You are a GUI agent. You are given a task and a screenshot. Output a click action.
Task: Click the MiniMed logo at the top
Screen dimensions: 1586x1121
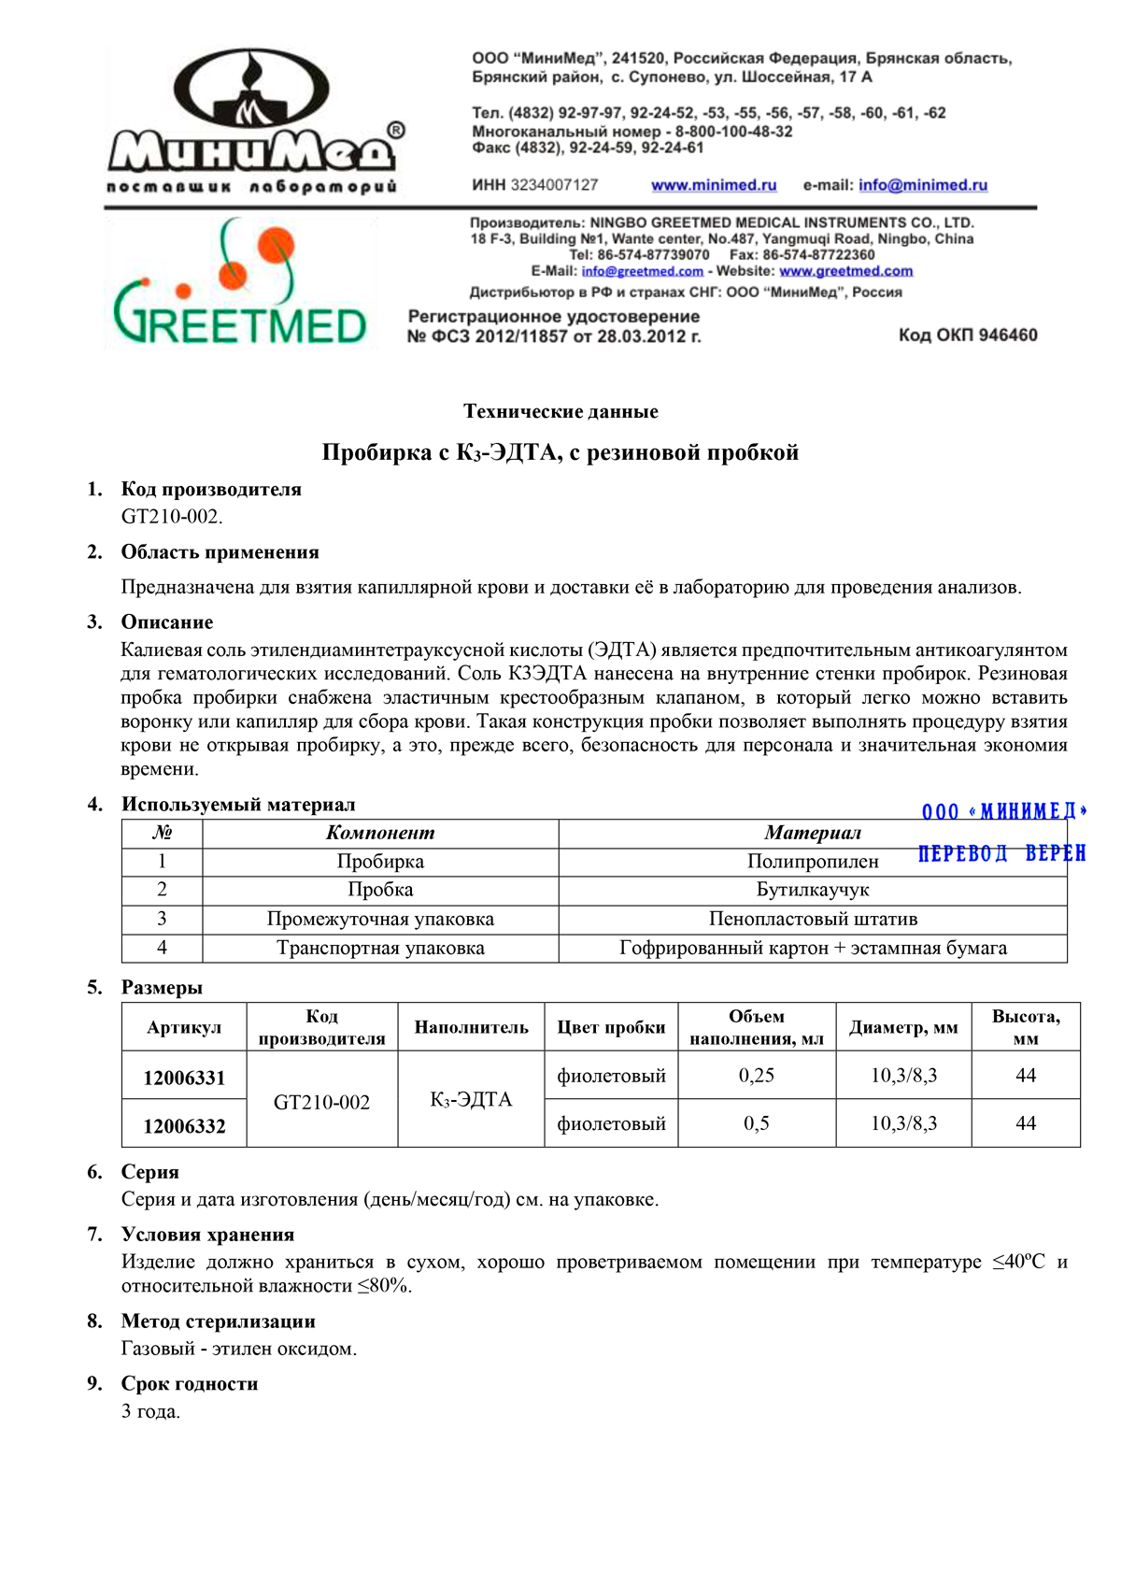click(252, 121)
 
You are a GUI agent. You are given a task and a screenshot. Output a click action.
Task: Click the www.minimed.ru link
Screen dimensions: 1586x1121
click(714, 185)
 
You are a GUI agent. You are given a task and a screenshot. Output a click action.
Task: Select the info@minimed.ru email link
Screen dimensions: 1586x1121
click(923, 185)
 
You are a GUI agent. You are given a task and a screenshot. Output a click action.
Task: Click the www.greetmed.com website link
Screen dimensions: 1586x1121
click(845, 271)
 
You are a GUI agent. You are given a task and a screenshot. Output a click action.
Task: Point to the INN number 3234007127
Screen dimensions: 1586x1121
click(554, 185)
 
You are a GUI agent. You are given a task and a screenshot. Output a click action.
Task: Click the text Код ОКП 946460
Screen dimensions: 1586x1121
click(968, 335)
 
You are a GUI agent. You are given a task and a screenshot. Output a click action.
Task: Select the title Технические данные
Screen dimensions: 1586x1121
click(560, 411)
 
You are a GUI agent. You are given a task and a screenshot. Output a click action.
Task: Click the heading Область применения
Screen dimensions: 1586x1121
click(220, 552)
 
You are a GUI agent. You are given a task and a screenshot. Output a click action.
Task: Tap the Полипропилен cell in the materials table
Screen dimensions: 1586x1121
click(813, 862)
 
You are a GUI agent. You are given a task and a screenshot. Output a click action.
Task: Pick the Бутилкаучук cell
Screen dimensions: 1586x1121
click(813, 890)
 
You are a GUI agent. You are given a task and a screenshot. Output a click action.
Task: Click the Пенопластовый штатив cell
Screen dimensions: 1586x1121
click(813, 919)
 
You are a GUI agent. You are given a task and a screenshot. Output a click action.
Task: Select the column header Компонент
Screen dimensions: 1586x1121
click(380, 833)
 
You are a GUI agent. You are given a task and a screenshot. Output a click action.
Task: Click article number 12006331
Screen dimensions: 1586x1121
click(184, 1078)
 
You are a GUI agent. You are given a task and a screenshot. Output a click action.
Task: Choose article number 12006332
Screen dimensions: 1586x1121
click(184, 1126)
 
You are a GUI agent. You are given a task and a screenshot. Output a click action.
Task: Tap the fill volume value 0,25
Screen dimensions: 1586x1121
click(757, 1076)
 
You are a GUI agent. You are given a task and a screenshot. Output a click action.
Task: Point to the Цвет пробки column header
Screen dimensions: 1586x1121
click(611, 1027)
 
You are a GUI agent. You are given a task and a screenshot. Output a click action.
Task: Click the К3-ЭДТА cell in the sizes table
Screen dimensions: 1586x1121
click(471, 1100)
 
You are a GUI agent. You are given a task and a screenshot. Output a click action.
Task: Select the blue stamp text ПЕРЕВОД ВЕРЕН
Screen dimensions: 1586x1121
click(1001, 853)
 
